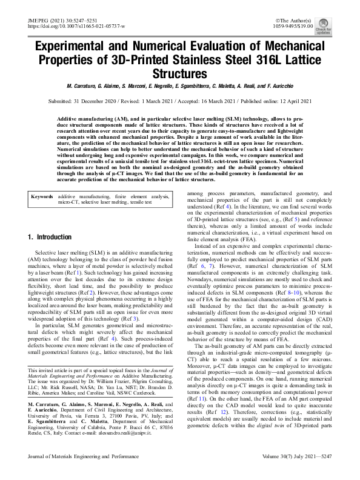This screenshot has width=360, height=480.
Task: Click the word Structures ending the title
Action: (x=180, y=74)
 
